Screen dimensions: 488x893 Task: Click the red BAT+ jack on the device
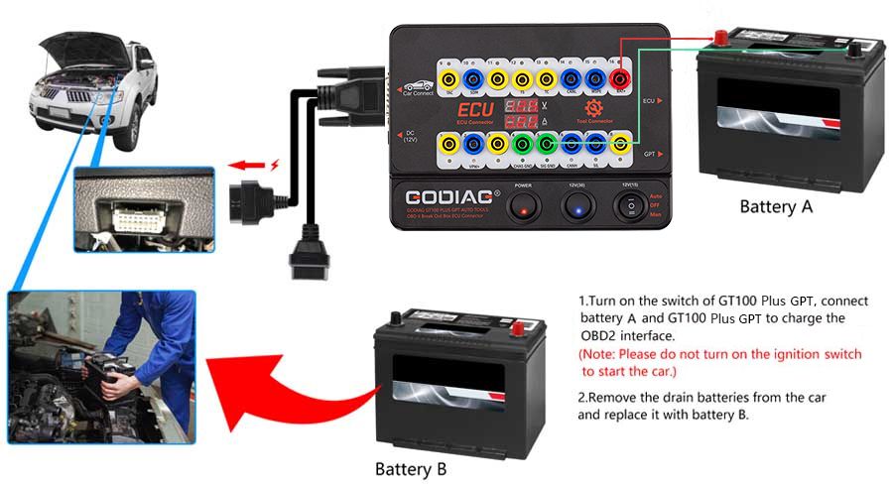pos(619,76)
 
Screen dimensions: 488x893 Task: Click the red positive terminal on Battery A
pos(721,40)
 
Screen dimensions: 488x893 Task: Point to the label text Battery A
pos(776,207)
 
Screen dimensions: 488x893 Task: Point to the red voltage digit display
pos(514,103)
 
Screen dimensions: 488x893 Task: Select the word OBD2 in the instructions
pos(599,336)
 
